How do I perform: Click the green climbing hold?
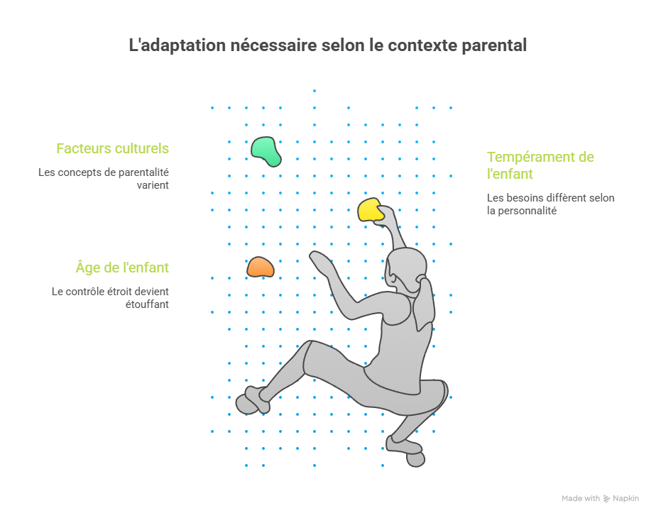[x=266, y=151]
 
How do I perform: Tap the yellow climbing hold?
[x=371, y=210]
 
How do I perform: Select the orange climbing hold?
[x=261, y=267]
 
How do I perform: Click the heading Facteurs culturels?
[x=113, y=148]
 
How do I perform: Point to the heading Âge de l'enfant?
[x=122, y=267]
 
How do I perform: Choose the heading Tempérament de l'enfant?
[x=540, y=165]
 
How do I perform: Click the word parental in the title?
[x=494, y=45]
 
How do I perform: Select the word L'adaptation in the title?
[x=177, y=45]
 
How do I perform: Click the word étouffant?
[x=147, y=304]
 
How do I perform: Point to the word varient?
[x=153, y=185]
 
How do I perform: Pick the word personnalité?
[x=527, y=211]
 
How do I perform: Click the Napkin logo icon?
[x=606, y=498]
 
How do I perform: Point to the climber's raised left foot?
[x=252, y=400]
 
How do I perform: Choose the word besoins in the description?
[x=520, y=198]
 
